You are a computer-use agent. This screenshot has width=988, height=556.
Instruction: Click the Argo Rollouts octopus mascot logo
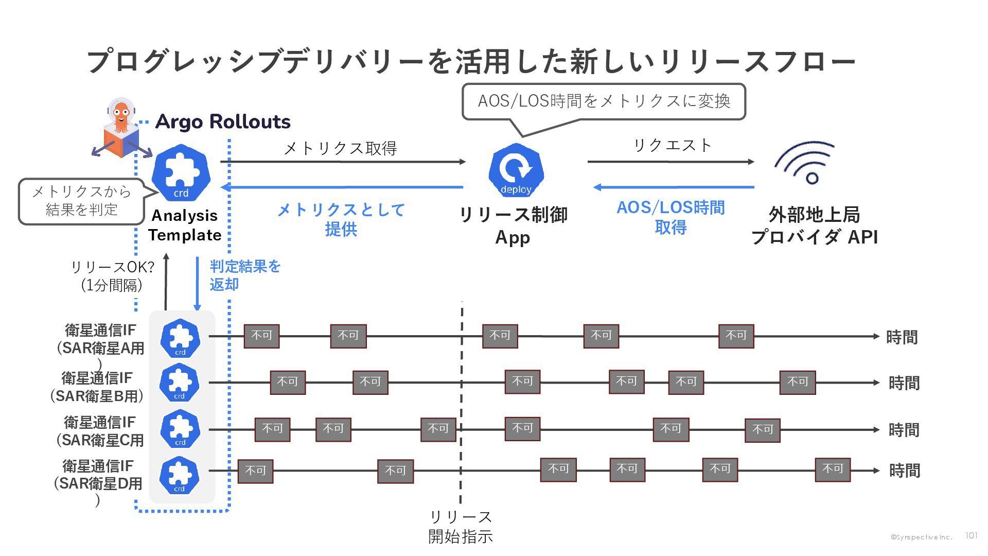tap(121, 129)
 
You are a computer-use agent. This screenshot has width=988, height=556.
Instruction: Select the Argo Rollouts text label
tap(223, 121)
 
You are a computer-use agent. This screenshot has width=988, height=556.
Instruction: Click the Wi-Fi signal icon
tap(805, 162)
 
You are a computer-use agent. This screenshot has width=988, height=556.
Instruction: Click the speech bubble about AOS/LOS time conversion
tap(604, 101)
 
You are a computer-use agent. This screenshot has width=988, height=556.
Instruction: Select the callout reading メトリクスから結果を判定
tap(81, 201)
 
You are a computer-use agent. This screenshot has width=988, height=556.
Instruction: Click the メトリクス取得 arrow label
tap(341, 148)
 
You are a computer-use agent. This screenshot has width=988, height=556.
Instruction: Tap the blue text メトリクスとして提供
tap(341, 219)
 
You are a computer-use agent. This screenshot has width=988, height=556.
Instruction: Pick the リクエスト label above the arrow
tap(672, 145)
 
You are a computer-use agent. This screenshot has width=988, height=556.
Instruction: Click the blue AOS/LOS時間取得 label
tap(671, 217)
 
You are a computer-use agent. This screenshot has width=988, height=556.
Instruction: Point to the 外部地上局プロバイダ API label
tap(814, 225)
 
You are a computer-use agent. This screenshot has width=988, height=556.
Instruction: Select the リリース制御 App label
tap(513, 225)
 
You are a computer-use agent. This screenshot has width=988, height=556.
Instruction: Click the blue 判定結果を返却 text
tap(244, 275)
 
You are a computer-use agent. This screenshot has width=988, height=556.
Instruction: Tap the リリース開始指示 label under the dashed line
tap(461, 527)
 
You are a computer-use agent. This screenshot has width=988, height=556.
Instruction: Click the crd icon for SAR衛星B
tap(180, 383)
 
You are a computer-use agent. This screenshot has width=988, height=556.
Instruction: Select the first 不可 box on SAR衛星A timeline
tap(261, 336)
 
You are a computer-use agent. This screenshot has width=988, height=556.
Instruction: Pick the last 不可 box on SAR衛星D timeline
tap(832, 470)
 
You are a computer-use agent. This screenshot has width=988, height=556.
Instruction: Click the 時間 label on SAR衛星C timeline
tap(904, 430)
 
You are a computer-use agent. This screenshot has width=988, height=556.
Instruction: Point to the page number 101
tap(971, 536)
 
